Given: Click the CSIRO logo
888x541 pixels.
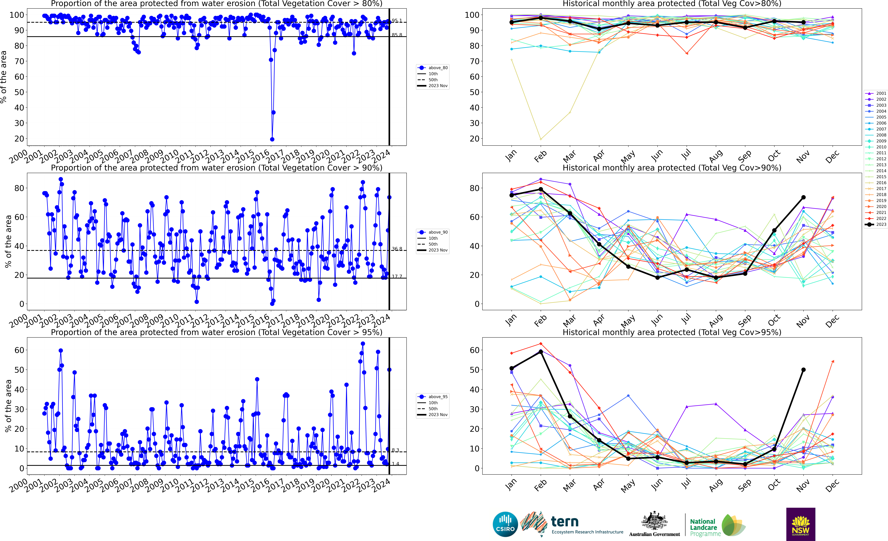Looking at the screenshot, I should tap(505, 524).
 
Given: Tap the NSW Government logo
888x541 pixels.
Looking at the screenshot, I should tap(800, 524).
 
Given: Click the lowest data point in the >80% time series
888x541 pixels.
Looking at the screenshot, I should tap(272, 139).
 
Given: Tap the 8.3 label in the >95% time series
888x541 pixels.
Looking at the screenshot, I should tap(395, 450).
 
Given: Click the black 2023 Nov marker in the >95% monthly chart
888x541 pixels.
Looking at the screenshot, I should tap(803, 370).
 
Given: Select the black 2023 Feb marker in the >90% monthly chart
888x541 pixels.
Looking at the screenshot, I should tap(541, 189).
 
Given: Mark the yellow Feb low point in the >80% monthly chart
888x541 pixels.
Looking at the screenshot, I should tap(541, 139).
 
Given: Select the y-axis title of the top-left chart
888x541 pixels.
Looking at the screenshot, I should tap(4, 77).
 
